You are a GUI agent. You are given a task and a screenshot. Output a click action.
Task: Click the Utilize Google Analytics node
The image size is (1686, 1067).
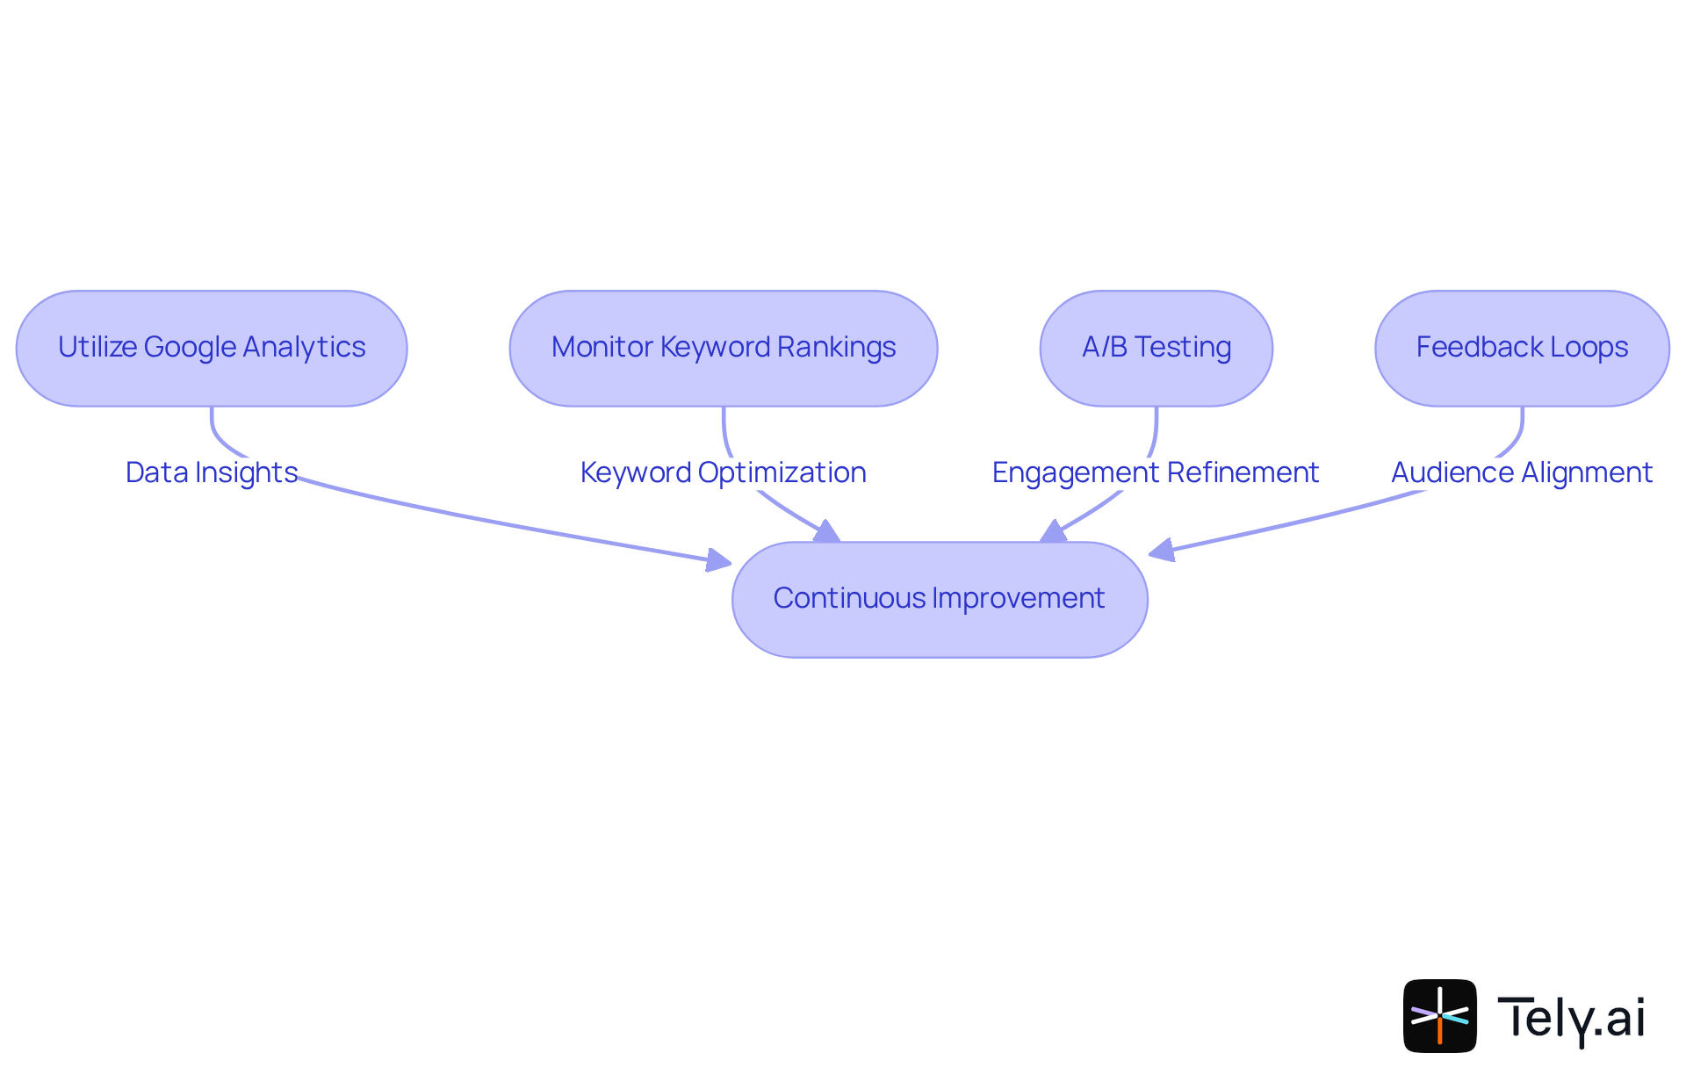212,349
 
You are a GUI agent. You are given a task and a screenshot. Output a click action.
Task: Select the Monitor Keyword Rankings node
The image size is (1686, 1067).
723,349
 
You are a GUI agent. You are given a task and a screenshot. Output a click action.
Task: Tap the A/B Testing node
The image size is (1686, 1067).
1156,349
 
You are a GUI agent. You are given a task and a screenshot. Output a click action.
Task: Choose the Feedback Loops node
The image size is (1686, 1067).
1522,349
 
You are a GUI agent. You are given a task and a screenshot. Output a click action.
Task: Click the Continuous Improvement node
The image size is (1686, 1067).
940,600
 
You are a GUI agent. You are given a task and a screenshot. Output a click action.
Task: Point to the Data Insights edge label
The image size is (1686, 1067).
212,472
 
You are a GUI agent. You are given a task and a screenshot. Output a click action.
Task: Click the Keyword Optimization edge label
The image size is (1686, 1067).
723,472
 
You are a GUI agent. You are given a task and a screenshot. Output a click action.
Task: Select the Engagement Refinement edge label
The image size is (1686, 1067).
1156,472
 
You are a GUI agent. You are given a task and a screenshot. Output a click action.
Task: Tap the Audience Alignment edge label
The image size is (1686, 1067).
1522,472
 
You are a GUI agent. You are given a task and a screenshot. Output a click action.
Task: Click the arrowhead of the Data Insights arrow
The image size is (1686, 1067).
719,560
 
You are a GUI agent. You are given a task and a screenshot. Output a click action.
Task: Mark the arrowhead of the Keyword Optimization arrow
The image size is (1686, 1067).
827,532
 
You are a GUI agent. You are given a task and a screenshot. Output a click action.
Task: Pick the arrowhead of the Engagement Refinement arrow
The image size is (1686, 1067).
1053,532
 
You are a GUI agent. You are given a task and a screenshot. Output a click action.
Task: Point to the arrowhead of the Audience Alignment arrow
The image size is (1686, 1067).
1161,551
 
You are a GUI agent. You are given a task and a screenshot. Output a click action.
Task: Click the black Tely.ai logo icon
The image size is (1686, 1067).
1439,1016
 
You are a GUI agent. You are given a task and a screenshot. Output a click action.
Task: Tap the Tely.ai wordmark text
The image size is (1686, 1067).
1571,1018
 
